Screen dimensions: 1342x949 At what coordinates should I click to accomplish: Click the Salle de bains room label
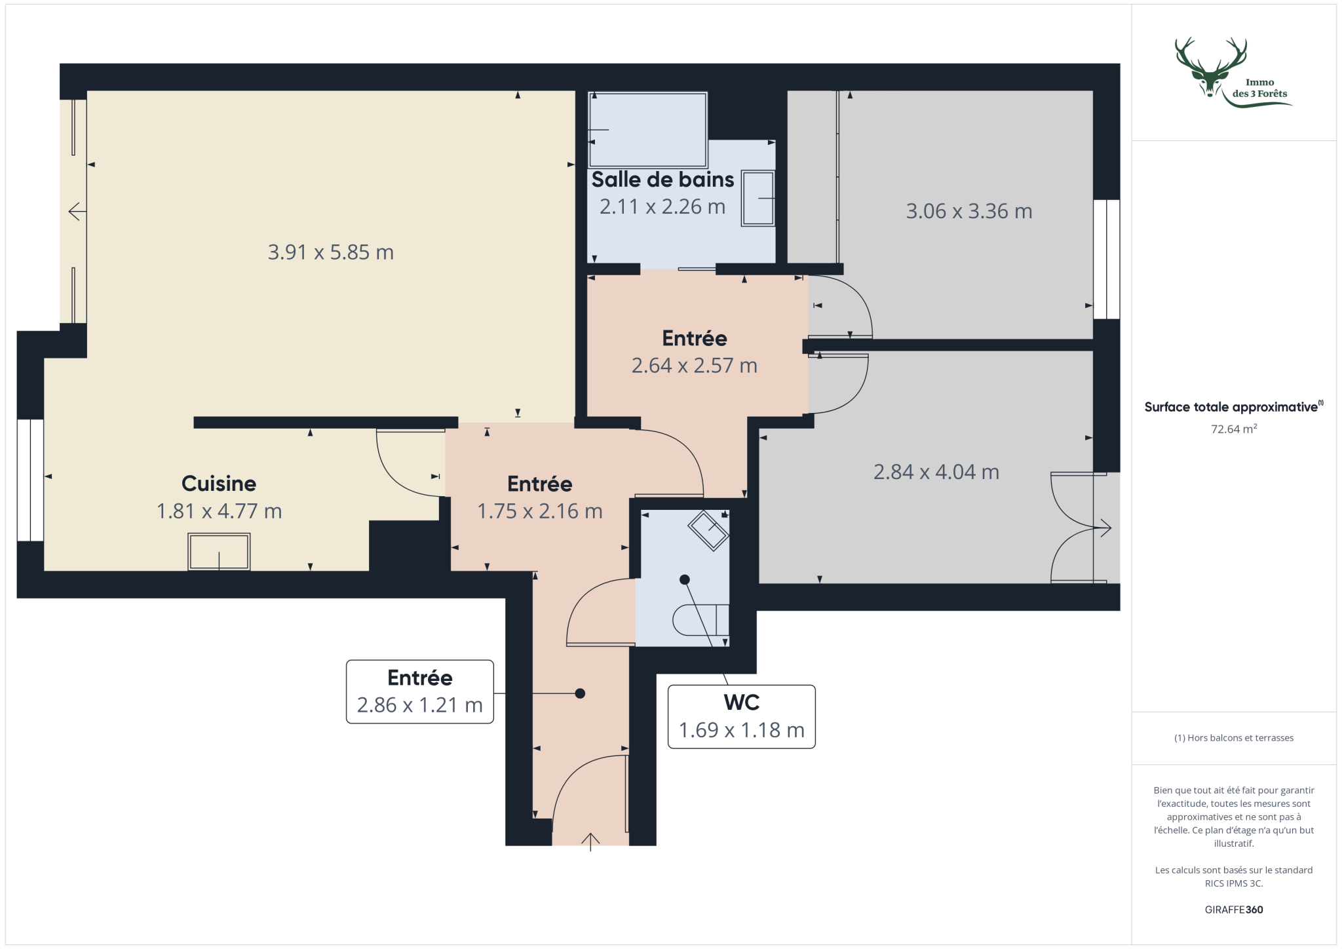tap(662, 180)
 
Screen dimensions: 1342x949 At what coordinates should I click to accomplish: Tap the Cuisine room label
tap(219, 484)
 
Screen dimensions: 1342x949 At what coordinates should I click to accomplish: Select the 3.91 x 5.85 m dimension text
tap(331, 252)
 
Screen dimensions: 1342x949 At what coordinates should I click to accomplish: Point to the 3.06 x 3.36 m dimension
tap(969, 211)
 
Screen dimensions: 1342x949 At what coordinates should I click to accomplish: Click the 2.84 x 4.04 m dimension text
tap(936, 472)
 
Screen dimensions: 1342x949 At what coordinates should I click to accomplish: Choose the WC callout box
tap(741, 716)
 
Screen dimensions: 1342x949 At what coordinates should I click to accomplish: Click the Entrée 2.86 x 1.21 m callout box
tap(419, 691)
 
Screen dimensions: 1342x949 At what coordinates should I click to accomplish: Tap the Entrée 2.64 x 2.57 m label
tap(695, 352)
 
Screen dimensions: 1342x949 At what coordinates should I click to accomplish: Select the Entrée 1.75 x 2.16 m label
tap(540, 497)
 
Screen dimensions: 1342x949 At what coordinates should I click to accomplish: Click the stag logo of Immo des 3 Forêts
tap(1211, 68)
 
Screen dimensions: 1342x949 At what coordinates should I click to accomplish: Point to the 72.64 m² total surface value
tap(1234, 429)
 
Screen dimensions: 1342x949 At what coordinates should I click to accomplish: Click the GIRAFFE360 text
tap(1234, 910)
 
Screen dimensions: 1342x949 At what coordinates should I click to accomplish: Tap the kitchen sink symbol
tap(219, 551)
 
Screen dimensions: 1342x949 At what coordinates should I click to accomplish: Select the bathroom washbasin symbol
tap(758, 199)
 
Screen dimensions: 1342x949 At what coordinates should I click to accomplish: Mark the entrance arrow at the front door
tap(590, 842)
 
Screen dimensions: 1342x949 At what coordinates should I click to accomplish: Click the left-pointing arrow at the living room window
tap(77, 212)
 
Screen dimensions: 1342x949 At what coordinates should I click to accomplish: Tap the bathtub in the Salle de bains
tap(648, 129)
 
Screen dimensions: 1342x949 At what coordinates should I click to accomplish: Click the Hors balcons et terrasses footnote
tap(1234, 738)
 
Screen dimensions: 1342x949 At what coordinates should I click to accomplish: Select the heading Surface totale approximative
tap(1231, 407)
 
